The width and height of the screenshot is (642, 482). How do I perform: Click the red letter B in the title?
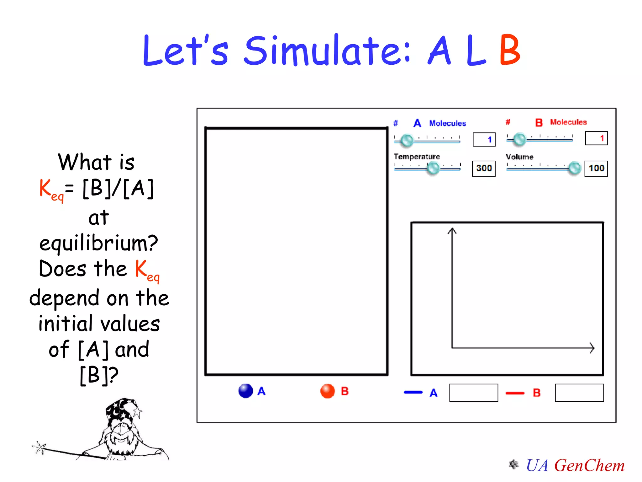pyautogui.click(x=510, y=50)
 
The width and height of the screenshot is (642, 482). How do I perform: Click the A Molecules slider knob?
pyautogui.click(x=407, y=140)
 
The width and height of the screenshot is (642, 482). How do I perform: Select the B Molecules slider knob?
pyautogui.click(x=519, y=139)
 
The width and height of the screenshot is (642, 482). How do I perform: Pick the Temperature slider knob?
pyautogui.click(x=434, y=168)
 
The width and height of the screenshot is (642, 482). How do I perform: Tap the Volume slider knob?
pyautogui.click(x=575, y=168)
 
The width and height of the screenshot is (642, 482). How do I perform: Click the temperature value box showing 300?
pyautogui.click(x=484, y=169)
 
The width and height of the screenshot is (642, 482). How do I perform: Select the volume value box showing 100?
pyautogui.click(x=596, y=169)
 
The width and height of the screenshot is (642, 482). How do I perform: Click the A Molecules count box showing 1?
pyautogui.click(x=484, y=140)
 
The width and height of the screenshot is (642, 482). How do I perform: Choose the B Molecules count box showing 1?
pyautogui.click(x=596, y=138)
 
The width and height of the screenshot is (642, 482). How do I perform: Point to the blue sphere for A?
pyautogui.click(x=245, y=391)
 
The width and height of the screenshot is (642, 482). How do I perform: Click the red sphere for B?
pyautogui.click(x=328, y=391)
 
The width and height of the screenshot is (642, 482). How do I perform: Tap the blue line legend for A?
pyautogui.click(x=413, y=392)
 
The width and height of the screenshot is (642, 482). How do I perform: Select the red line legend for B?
pyautogui.click(x=515, y=393)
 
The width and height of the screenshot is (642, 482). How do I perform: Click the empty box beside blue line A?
pyautogui.click(x=473, y=393)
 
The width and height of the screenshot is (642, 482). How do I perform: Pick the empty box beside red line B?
pyautogui.click(x=579, y=393)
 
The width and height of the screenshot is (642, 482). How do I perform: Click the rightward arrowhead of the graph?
pyautogui.click(x=592, y=348)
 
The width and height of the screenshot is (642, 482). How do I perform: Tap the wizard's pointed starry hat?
pyautogui.click(x=122, y=410)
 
